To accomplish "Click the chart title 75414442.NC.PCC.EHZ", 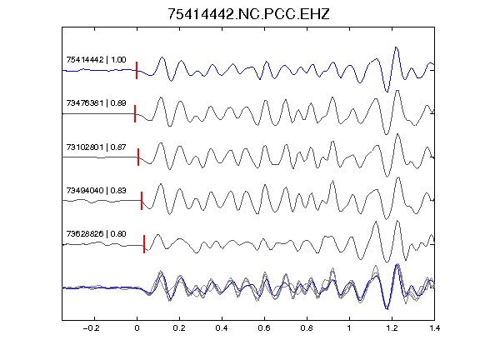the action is pos(248,14).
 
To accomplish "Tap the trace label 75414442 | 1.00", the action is pos(96,59).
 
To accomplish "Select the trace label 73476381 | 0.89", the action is pos(96,102).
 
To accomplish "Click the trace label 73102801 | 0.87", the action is pos(96,147).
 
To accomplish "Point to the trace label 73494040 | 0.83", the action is pos(96,190).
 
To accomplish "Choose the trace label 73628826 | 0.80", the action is pos(96,234).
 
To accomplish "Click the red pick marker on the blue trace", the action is pos(137,70).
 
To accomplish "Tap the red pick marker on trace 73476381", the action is pos(135,113).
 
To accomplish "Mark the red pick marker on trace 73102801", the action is pos(138,157).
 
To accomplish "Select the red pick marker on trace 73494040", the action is pos(142,201).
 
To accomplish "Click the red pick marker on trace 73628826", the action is pos(144,244).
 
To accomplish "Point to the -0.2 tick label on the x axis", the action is pos(91,328).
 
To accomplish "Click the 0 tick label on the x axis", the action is pos(137,328).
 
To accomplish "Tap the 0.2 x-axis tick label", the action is pos(179,328).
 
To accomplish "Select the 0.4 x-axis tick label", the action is pos(222,328).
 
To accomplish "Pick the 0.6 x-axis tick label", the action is pos(264,328).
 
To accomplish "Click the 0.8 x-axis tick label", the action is pos(307,328).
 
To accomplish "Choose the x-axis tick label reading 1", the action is pos(349,328).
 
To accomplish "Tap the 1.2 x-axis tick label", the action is pos(392,328).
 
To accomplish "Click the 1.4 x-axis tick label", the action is pos(434,328).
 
